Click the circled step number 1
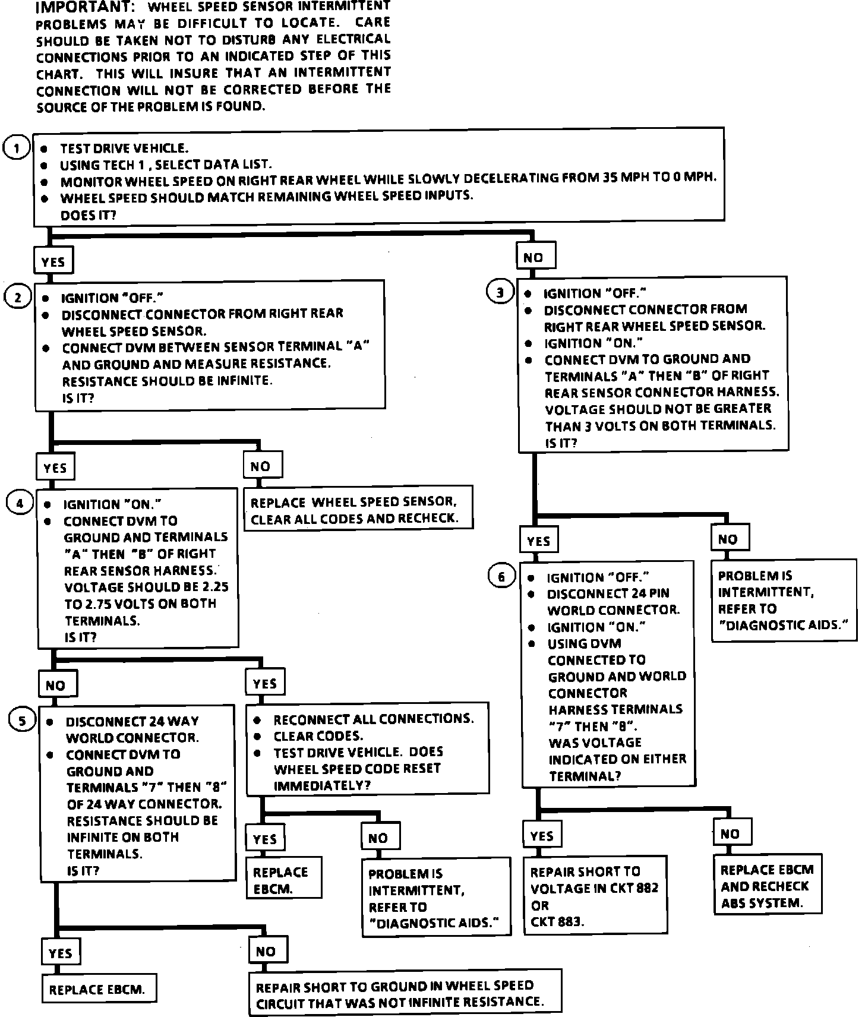pos(17,148)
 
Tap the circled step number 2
pos(18,297)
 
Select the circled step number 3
pos(500,292)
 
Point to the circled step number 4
pos(20,504)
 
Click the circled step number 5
pos(23,721)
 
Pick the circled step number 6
pos(501,576)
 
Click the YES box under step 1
pos(53,261)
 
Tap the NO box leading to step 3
pos(533,257)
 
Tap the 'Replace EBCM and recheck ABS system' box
pos(767,886)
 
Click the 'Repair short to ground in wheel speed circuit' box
pos(405,994)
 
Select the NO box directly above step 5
pos(56,685)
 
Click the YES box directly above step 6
pos(539,541)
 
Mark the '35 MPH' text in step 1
pos(624,178)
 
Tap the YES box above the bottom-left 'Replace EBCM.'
pos(60,953)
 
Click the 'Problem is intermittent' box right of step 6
pos(784,600)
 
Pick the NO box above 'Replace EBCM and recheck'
pos(730,833)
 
